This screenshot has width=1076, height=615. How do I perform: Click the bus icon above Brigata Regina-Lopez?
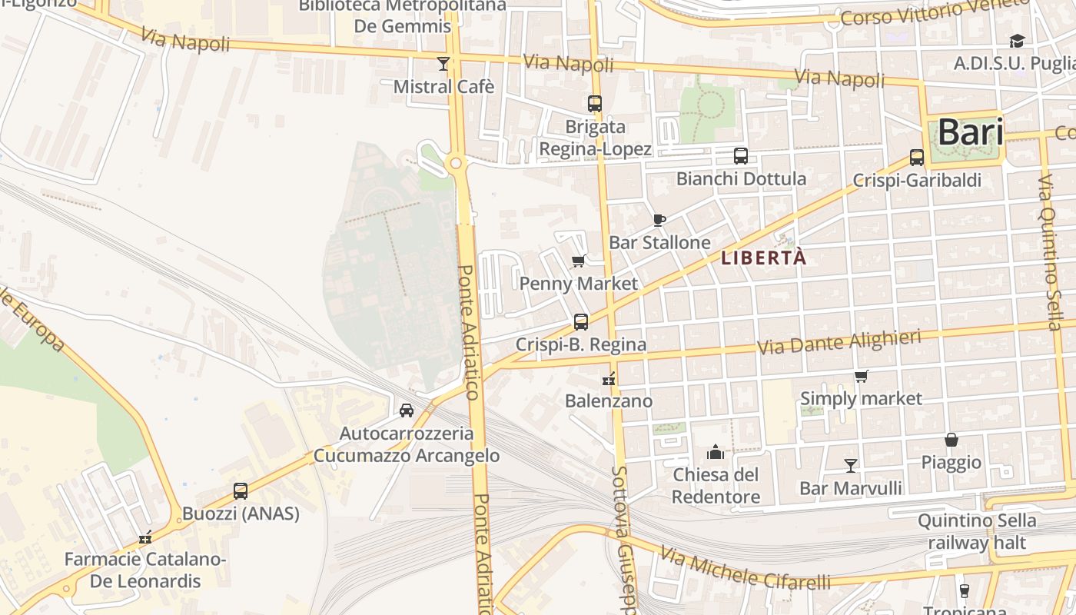click(594, 104)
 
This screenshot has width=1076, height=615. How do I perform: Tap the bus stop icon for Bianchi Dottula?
click(740, 156)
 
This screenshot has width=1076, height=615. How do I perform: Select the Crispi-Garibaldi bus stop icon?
click(916, 158)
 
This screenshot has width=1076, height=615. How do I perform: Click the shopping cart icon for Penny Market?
click(579, 261)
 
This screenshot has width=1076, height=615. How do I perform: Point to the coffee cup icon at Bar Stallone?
click(659, 220)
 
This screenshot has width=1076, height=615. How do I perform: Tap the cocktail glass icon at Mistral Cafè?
click(443, 64)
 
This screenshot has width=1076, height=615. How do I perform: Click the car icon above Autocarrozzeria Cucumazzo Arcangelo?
click(407, 411)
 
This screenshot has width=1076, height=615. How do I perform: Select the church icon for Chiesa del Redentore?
click(716, 451)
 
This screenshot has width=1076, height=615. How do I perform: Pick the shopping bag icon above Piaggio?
click(951, 440)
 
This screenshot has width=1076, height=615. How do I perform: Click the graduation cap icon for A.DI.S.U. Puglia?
click(1017, 41)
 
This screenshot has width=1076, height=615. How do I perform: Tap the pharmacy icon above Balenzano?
click(609, 378)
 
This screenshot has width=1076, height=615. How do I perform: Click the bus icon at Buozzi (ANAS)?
click(241, 490)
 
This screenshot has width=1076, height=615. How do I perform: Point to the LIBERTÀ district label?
click(764, 258)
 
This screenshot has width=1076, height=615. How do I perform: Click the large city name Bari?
click(970, 132)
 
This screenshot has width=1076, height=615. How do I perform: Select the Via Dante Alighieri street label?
click(839, 343)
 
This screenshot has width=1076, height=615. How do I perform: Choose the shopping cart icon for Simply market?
click(861, 377)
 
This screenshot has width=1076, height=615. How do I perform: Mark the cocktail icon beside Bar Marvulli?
click(850, 465)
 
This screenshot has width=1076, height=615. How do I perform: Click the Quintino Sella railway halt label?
click(976, 531)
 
